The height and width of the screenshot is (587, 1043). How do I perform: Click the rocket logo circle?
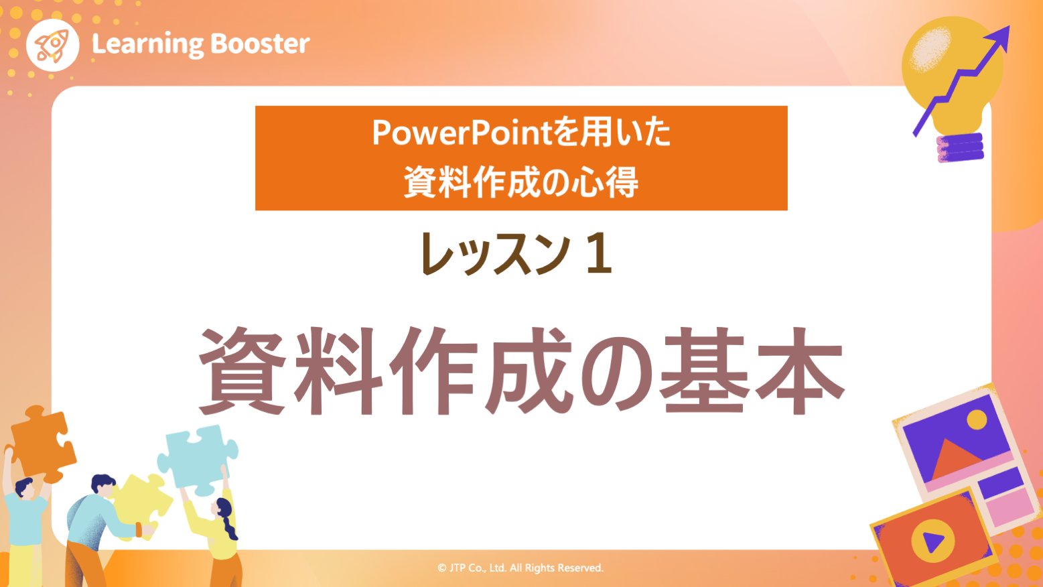(x=52, y=45)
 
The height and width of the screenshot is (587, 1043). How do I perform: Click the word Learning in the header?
(x=147, y=44)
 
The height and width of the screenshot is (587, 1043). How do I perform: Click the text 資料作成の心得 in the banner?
(x=521, y=182)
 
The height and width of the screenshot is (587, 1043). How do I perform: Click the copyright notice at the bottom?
(x=520, y=568)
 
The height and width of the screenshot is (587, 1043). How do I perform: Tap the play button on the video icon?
(x=932, y=540)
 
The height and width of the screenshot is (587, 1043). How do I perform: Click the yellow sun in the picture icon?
(x=977, y=420)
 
